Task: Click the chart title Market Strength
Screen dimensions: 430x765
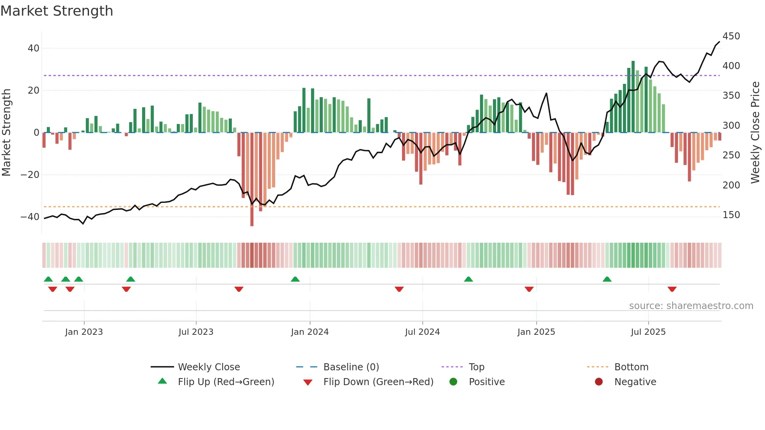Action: [57, 11]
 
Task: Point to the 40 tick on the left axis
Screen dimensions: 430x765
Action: [33, 48]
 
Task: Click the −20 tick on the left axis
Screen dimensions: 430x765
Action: [30, 175]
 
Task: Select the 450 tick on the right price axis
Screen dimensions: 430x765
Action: [731, 36]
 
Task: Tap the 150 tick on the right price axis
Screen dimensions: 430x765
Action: [731, 215]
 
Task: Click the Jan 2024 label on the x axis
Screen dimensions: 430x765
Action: [310, 332]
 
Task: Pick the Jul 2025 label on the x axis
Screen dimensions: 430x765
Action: [648, 332]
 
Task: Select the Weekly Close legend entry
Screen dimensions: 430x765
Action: [208, 367]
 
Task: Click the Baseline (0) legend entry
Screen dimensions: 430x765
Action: [351, 367]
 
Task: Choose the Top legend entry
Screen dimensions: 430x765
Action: [476, 367]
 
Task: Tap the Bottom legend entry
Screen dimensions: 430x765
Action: [631, 367]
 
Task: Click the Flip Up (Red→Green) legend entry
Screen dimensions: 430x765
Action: [226, 382]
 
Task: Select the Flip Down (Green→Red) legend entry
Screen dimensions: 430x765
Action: [378, 382]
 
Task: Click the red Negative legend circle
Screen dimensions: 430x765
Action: [599, 382]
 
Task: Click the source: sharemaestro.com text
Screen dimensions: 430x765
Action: [691, 306]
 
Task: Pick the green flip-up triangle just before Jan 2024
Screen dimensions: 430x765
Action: [295, 279]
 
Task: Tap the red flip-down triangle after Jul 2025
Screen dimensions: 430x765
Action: [672, 289]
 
